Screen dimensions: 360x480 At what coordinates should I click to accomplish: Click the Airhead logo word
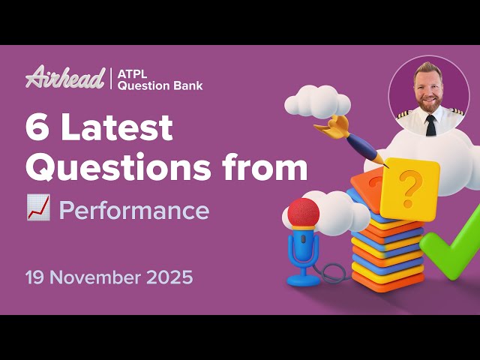click(65, 78)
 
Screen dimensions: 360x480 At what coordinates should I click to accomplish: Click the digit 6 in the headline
click(38, 129)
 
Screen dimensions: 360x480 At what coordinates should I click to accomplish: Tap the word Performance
click(133, 211)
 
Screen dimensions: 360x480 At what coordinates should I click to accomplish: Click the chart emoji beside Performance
click(38, 211)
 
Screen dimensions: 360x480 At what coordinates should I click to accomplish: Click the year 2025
click(170, 277)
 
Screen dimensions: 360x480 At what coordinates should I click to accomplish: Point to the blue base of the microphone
click(304, 279)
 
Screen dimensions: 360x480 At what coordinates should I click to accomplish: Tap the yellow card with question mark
click(409, 188)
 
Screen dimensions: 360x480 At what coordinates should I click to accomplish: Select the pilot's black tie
click(430, 124)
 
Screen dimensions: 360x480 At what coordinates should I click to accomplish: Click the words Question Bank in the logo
click(160, 85)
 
